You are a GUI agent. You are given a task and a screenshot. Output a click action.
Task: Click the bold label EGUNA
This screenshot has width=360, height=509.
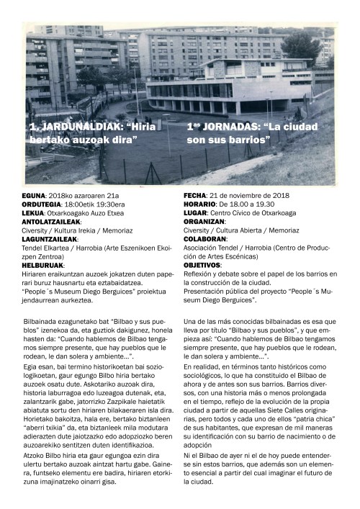(34, 196)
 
